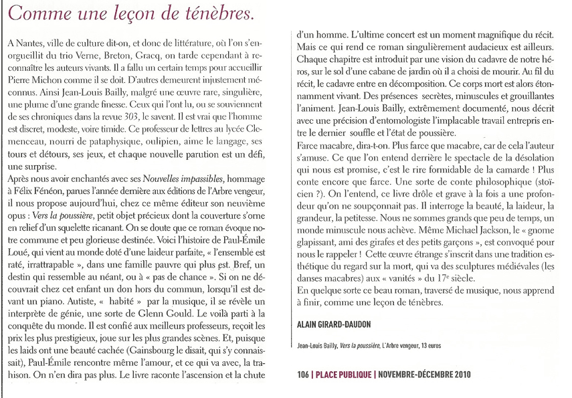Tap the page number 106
[304, 375]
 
